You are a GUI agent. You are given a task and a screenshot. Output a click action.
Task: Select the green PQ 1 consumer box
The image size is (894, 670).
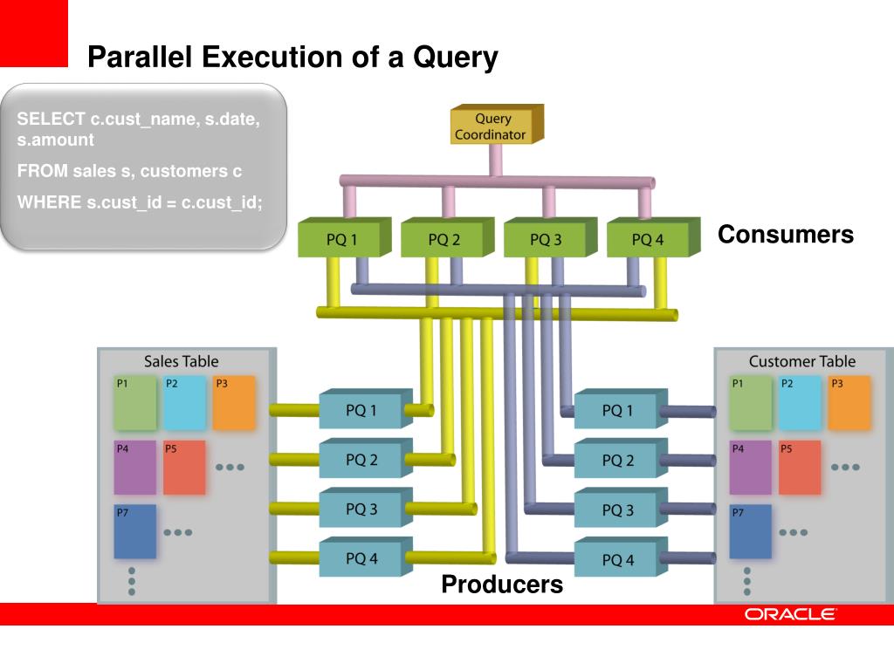341,240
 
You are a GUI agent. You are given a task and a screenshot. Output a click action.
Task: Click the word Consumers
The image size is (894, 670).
785,235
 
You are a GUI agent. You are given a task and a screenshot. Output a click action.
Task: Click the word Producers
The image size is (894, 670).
502,585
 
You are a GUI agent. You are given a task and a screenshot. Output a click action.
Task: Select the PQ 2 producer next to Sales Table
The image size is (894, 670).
361,460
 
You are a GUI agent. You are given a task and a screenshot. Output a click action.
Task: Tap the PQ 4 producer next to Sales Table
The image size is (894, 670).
361,559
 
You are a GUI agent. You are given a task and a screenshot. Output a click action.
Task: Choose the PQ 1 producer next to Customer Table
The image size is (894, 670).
617,411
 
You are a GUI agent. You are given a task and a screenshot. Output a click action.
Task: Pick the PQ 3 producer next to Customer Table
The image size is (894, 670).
617,510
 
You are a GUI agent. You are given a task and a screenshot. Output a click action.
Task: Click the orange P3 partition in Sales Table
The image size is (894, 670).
233,403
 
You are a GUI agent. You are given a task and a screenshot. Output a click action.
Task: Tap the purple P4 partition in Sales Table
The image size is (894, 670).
134,468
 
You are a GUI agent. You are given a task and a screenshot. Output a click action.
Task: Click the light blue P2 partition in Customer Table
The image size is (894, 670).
800,403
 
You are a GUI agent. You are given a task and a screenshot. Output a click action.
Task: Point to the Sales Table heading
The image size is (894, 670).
181,361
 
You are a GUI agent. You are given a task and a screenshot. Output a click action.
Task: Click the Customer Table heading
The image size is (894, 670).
801,361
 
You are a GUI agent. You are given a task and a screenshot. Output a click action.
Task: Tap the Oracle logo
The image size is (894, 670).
790,615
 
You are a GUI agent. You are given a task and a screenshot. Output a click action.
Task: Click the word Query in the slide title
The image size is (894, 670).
455,58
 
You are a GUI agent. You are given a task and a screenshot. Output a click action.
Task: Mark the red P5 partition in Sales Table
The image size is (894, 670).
184,468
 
